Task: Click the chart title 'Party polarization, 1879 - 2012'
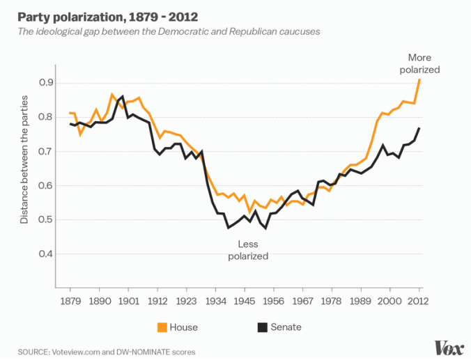(x=102, y=15)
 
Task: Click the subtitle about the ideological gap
(x=170, y=32)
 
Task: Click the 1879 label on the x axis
(x=70, y=302)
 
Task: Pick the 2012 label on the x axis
(x=419, y=302)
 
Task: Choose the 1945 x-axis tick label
(x=245, y=302)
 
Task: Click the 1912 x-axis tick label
(x=157, y=302)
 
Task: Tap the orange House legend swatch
(x=161, y=327)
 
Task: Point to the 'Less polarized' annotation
(x=247, y=250)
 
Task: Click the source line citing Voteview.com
(x=107, y=352)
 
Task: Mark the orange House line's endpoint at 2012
(x=419, y=79)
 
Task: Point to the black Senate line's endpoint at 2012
(x=419, y=128)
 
